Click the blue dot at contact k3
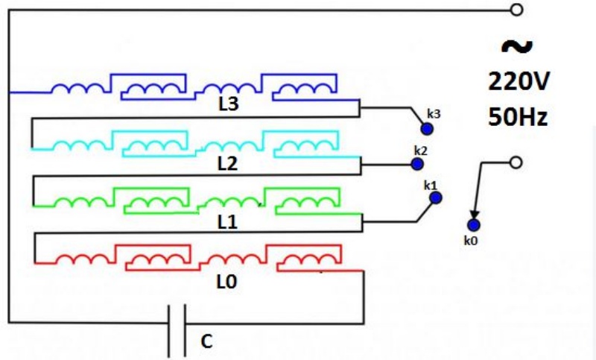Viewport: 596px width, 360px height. [x=427, y=129]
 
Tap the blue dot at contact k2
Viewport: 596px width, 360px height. [x=417, y=164]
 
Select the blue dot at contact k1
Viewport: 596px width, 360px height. [x=436, y=198]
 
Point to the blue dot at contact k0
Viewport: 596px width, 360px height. [x=473, y=225]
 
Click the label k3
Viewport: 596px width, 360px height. [x=434, y=113]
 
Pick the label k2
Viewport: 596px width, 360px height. [x=421, y=151]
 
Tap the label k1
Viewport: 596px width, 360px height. [x=431, y=186]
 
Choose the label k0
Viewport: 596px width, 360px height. [x=471, y=240]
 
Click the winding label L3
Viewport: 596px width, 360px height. [x=229, y=104]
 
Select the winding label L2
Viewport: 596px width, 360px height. [x=228, y=163]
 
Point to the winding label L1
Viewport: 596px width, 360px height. [x=228, y=222]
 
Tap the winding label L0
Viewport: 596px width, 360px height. [x=227, y=282]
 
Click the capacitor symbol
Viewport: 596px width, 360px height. [x=177, y=330]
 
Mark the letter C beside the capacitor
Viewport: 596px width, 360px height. [x=206, y=341]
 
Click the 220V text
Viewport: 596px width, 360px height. [x=519, y=81]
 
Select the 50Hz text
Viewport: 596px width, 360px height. [x=518, y=116]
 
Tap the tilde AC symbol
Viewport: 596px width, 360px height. [x=516, y=46]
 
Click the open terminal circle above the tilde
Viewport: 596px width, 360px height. [x=516, y=10]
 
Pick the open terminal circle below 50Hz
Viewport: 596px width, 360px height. [x=516, y=162]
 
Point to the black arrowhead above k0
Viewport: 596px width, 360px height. [x=475, y=215]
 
